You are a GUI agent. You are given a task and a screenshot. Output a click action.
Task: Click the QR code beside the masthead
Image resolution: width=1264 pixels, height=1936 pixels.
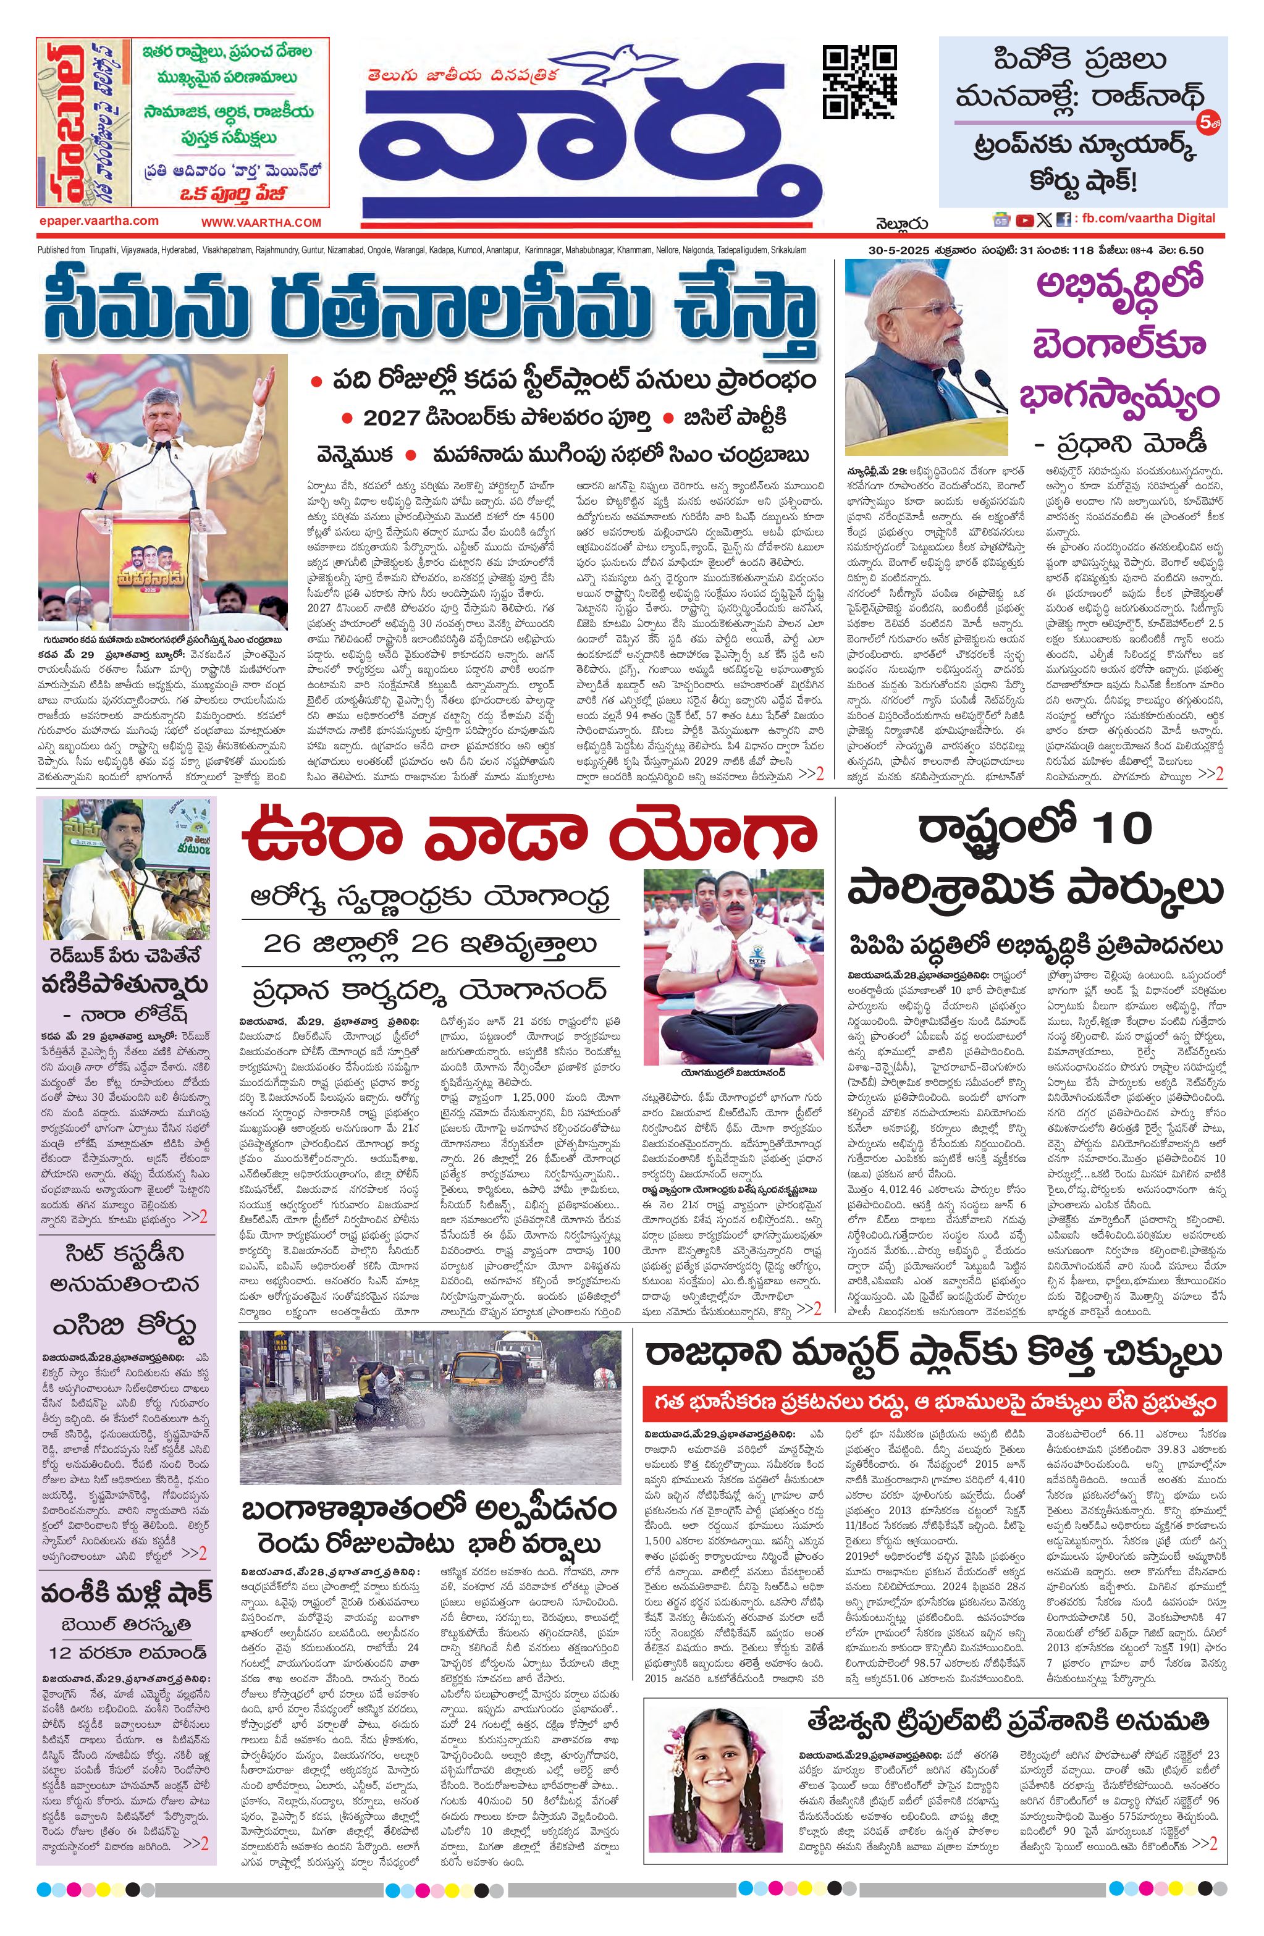point(860,82)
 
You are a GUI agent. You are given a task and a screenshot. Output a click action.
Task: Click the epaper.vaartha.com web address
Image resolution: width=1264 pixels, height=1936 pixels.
point(98,221)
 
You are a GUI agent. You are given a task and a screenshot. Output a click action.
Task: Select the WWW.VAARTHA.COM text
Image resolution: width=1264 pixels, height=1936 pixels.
point(261,222)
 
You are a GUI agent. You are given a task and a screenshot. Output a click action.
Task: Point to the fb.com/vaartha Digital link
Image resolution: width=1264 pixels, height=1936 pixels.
point(1148,218)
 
